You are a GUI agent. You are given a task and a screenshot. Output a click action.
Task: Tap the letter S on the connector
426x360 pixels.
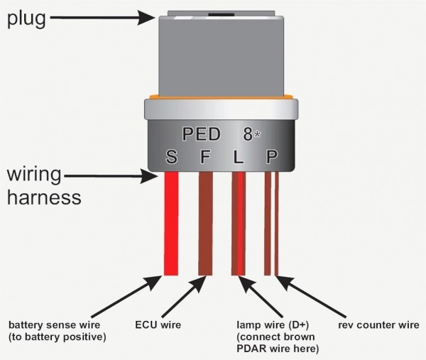171,156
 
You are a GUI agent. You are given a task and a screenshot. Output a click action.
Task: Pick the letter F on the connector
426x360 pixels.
205,156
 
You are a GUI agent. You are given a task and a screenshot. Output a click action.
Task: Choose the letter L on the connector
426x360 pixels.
239,156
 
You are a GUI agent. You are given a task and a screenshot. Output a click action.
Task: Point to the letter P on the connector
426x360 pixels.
272,156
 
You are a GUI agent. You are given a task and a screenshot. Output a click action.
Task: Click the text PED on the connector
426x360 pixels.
200,133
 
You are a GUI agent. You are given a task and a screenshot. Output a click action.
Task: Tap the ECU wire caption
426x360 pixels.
157,324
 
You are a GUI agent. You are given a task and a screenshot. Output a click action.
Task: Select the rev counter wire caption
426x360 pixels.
378,324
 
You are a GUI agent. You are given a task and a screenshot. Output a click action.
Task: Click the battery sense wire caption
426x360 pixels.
57,330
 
